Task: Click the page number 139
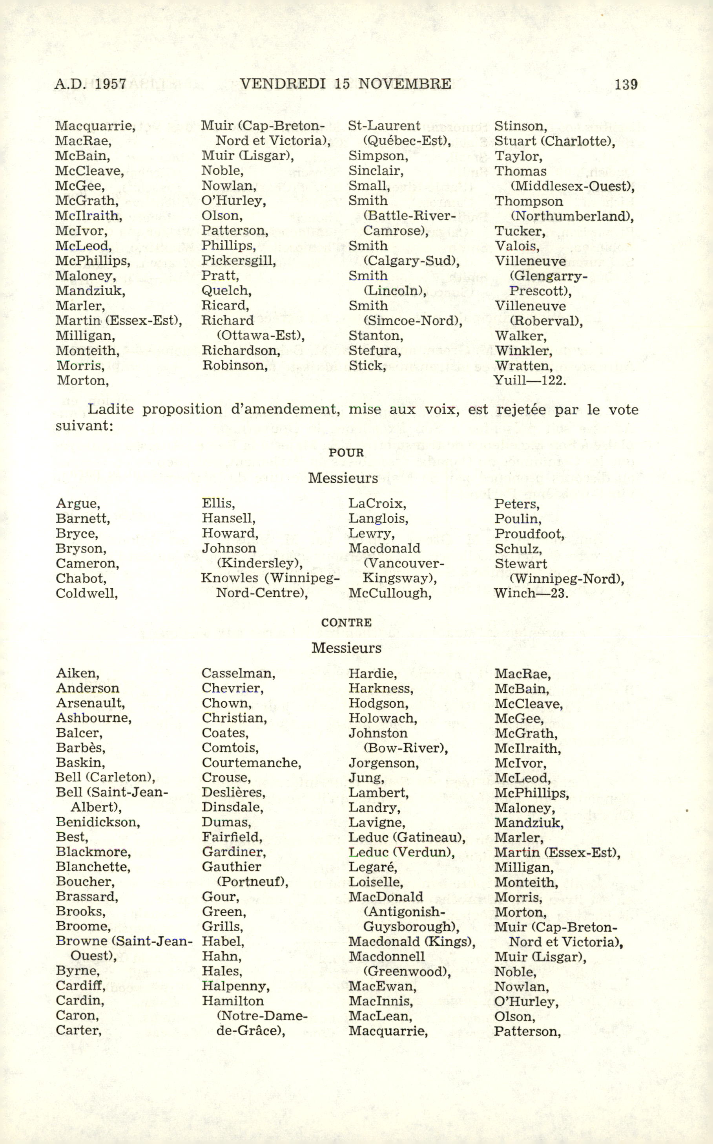click(626, 84)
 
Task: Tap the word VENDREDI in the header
click(283, 84)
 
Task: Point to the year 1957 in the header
click(110, 84)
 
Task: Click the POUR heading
click(346, 452)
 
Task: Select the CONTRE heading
click(346, 622)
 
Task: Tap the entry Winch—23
click(531, 593)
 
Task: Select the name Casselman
click(238, 674)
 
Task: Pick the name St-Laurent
click(384, 126)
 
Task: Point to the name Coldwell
click(87, 593)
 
